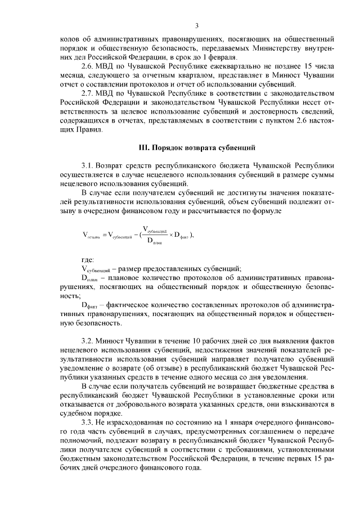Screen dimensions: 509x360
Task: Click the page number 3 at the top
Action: click(x=197, y=25)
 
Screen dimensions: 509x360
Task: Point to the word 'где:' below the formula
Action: click(x=88, y=259)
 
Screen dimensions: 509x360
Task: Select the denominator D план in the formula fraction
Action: click(x=154, y=242)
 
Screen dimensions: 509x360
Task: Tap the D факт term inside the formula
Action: click(x=181, y=236)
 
